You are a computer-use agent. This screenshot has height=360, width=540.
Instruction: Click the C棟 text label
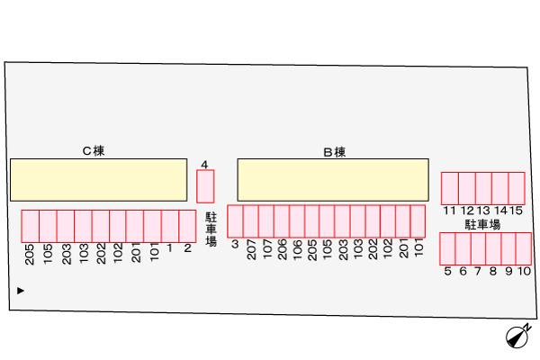(94, 151)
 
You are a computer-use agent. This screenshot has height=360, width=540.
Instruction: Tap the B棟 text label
(335, 152)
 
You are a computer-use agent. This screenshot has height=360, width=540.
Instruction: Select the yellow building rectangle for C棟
(98, 180)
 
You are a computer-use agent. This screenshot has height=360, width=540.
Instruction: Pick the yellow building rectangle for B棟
(333, 180)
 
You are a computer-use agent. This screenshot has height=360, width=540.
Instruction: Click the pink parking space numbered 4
(205, 186)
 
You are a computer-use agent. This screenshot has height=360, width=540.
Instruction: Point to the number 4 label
(204, 165)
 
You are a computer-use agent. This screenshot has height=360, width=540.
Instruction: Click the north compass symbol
(517, 336)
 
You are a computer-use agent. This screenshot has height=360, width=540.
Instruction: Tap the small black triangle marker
(21, 291)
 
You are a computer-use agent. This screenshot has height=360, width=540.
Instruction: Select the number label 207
(252, 249)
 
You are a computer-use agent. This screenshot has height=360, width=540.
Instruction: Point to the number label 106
(297, 249)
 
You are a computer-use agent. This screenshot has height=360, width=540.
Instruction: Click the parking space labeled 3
(235, 221)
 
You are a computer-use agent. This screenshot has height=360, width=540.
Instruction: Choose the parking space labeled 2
(187, 226)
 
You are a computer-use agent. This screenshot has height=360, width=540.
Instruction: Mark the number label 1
(169, 248)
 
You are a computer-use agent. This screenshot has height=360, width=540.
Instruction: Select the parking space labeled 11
(450, 188)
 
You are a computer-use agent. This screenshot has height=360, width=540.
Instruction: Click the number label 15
(516, 211)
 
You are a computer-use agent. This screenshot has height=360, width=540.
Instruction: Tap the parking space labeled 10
(524, 248)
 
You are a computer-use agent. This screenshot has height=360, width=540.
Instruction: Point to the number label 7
(478, 271)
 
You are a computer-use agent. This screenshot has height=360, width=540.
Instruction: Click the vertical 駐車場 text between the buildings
(211, 229)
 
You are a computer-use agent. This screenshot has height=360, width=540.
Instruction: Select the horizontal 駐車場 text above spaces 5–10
(482, 225)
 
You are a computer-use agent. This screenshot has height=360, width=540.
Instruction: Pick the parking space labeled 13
(483, 188)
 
